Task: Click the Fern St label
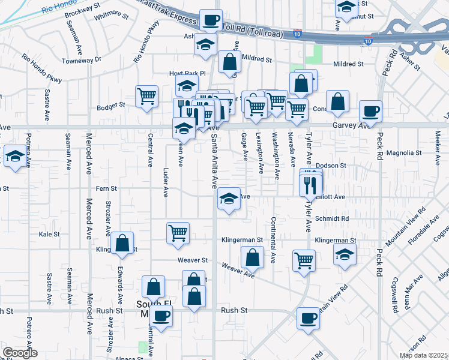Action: (x=106, y=188)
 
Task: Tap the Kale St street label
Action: (x=50, y=234)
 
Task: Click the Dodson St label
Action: (x=331, y=165)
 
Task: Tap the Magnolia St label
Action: (x=404, y=153)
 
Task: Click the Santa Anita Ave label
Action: (x=213, y=161)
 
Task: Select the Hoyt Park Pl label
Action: (x=187, y=74)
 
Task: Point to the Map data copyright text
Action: (x=424, y=355)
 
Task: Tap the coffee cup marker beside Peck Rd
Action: (x=370, y=111)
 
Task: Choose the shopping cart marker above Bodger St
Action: (x=147, y=95)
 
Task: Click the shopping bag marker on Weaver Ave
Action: (x=253, y=257)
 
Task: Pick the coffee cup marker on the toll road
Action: (x=211, y=20)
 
